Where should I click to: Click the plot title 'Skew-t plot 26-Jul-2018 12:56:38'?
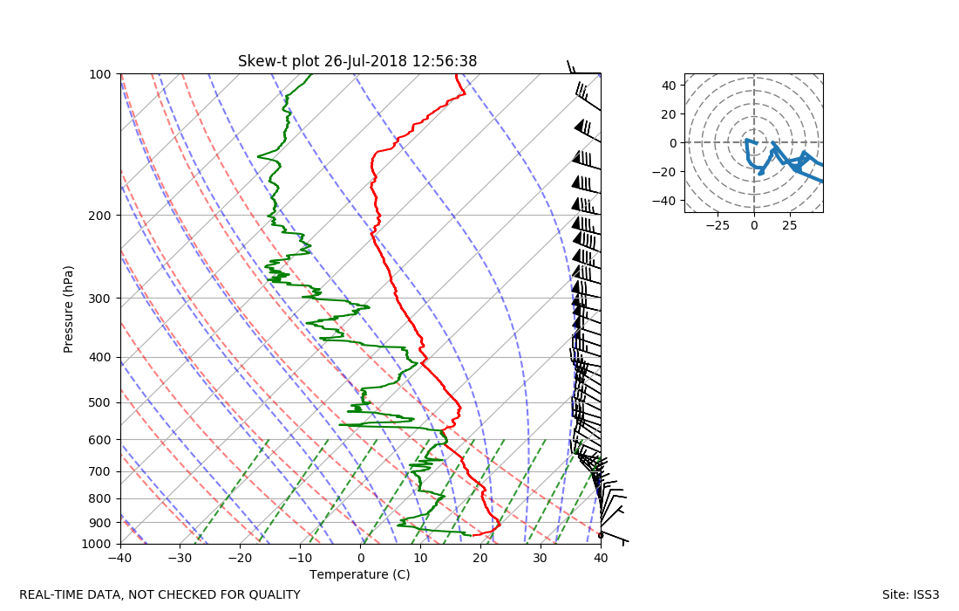(357, 61)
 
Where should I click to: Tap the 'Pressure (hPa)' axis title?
(69, 309)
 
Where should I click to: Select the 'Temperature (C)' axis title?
(359, 574)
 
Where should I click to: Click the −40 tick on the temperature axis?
(120, 558)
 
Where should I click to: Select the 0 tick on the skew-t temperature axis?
(361, 558)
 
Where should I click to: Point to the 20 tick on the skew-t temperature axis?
(480, 558)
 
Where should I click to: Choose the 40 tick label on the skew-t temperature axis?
(601, 558)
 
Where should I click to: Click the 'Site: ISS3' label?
(910, 594)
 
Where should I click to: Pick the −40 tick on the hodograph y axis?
(668, 200)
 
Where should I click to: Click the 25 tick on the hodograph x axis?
(790, 225)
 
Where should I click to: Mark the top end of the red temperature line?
(455, 75)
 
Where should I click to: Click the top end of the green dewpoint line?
(311, 75)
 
